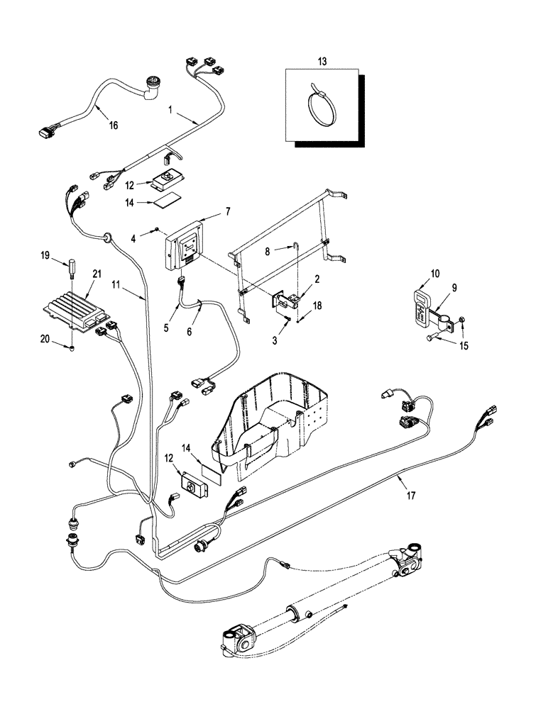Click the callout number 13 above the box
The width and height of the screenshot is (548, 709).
coord(322,62)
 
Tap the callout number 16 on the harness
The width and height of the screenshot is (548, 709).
coord(113,125)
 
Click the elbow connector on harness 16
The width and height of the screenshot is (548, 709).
coord(152,88)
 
